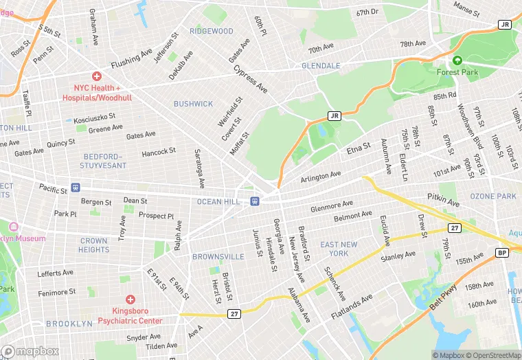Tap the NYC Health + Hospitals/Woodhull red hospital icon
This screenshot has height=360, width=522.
[97, 76]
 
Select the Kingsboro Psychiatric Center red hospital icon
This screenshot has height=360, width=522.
[130, 300]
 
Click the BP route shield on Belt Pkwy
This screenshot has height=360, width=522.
[502, 253]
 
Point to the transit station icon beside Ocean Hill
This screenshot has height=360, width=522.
[255, 201]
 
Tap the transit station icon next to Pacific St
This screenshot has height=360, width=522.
[76, 187]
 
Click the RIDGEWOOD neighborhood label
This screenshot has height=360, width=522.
[212, 32]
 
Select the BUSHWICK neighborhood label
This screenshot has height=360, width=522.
[193, 104]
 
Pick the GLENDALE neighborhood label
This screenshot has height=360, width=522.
[321, 66]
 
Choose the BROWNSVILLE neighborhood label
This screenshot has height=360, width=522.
[218, 257]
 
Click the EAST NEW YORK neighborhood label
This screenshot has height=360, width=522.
[339, 249]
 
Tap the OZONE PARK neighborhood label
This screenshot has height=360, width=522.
[492, 196]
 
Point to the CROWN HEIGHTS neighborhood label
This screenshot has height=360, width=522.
[94, 245]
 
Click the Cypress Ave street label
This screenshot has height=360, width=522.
[250, 80]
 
